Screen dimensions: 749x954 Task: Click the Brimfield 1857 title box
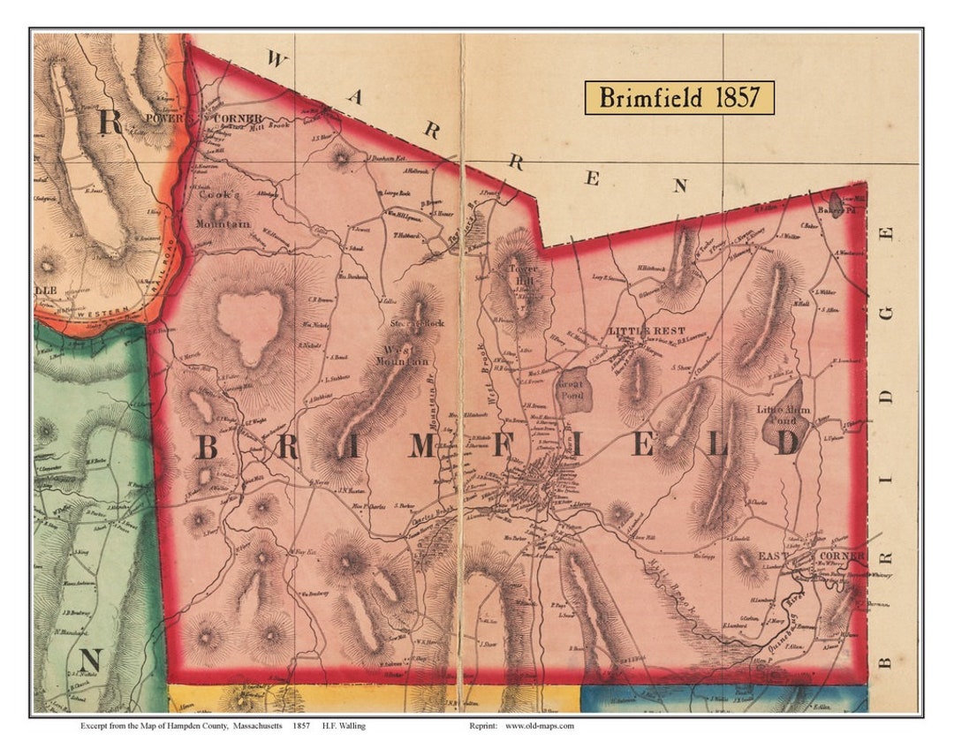(678, 97)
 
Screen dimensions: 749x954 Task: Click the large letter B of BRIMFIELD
(206, 448)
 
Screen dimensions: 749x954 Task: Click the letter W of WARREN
(276, 60)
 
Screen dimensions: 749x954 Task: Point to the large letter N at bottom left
(92, 660)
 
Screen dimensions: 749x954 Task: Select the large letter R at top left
(110, 123)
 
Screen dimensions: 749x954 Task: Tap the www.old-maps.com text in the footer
(539, 726)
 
